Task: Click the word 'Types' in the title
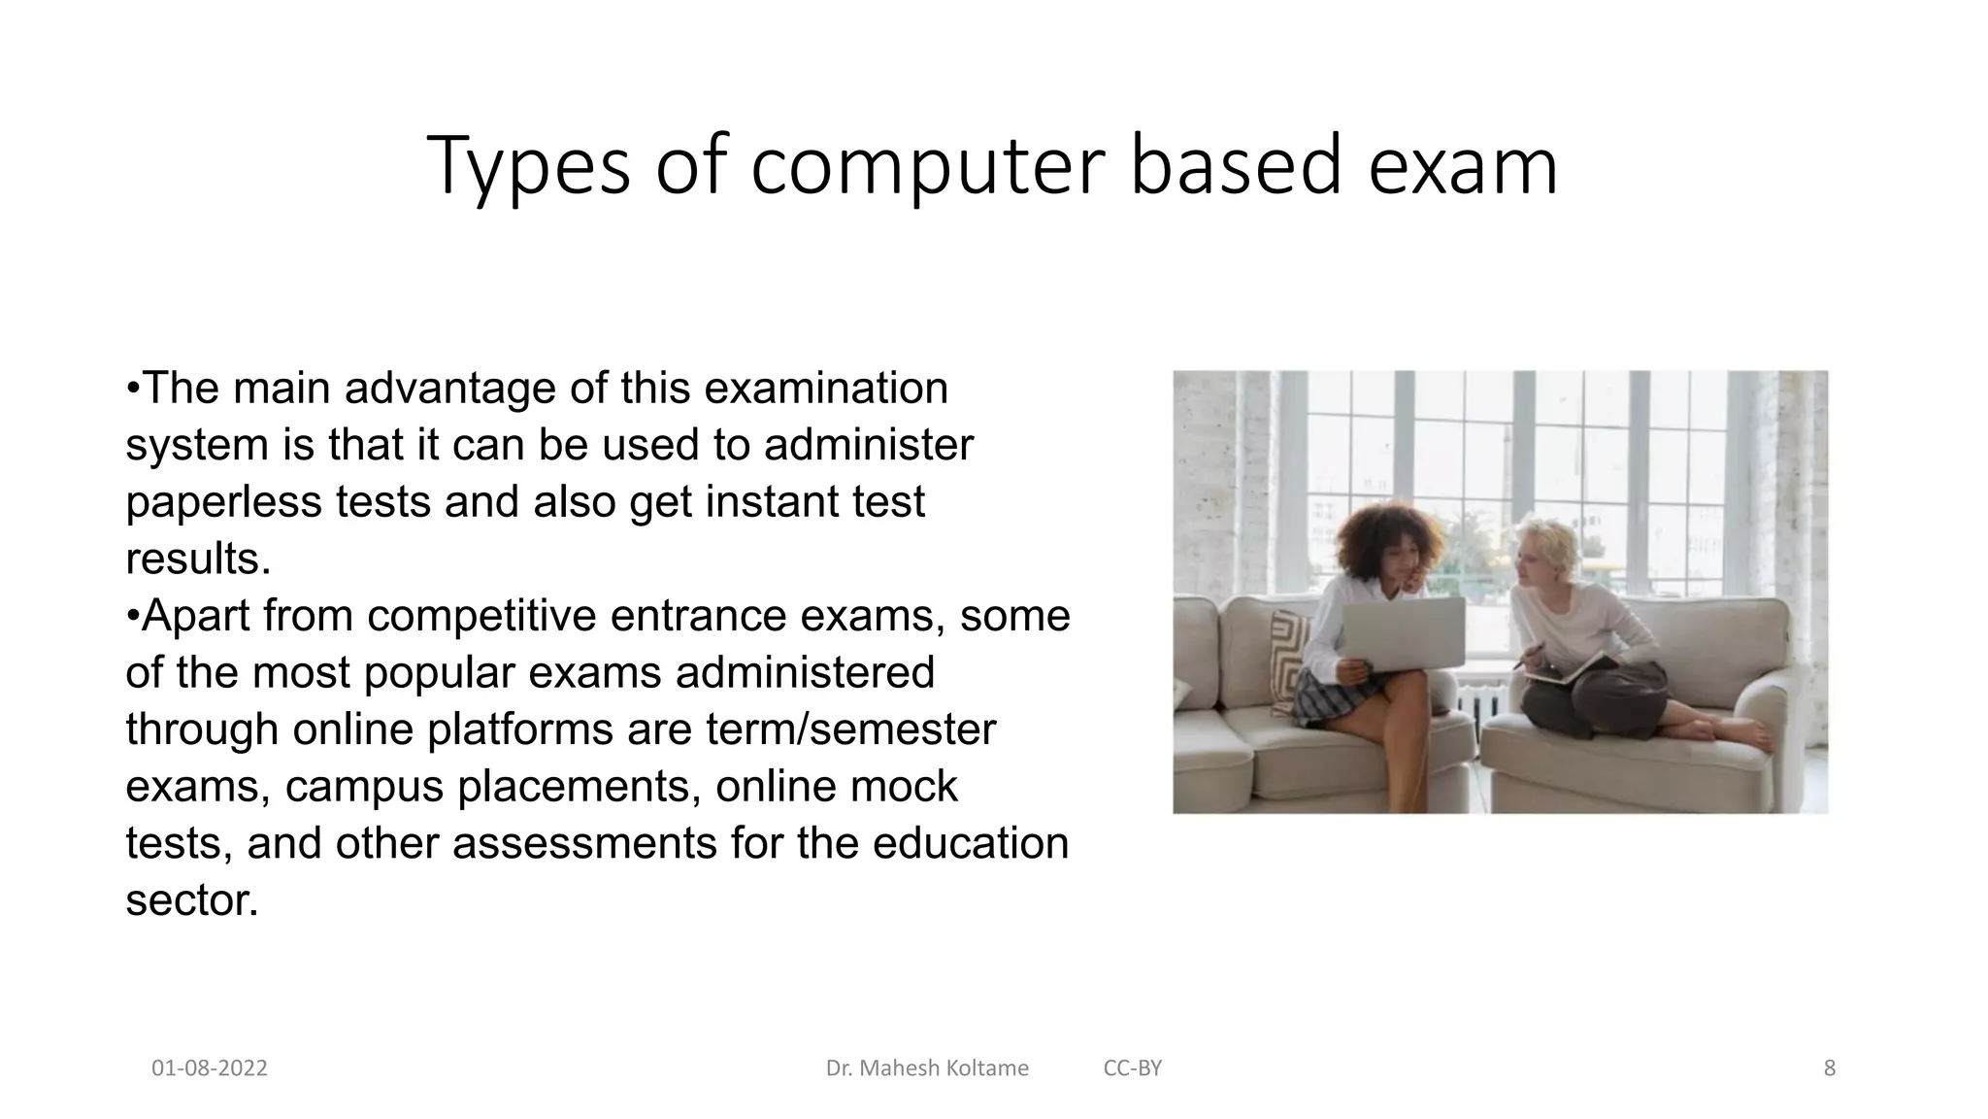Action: click(528, 167)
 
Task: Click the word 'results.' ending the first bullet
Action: click(198, 559)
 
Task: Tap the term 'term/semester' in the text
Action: click(850, 729)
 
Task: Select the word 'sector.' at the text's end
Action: click(192, 899)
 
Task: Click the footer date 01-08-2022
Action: click(210, 1068)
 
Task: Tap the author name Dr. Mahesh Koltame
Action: click(927, 1068)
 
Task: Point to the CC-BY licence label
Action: click(1132, 1068)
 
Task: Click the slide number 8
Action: click(1830, 1068)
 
